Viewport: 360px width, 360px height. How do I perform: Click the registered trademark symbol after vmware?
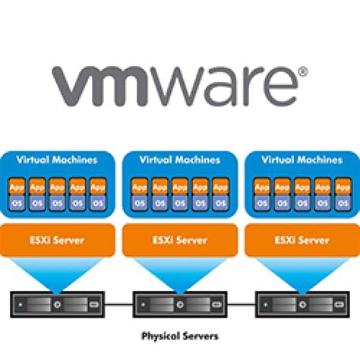302,74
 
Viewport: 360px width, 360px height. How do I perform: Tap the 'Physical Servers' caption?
179,334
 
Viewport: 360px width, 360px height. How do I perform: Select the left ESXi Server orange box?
57,239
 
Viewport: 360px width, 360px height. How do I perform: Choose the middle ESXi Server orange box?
179,239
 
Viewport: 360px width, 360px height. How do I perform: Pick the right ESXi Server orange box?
302,239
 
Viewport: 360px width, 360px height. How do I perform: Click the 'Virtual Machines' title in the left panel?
57,160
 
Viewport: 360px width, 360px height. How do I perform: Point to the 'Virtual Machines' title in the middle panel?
179,160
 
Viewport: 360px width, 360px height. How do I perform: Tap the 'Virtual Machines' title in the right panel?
302,160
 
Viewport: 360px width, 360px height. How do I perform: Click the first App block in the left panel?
17,185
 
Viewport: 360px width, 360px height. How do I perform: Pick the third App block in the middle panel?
179,185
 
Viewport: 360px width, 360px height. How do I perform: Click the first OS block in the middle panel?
139,202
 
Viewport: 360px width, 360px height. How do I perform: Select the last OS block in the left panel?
97,202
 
